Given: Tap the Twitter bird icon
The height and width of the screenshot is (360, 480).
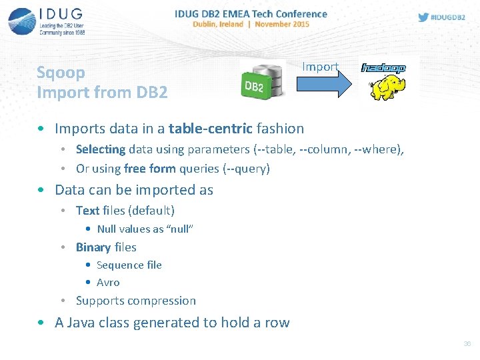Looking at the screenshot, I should [x=423, y=17].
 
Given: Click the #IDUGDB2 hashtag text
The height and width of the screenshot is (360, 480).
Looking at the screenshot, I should [x=448, y=17].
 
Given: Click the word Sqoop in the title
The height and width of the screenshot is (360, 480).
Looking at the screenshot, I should [x=61, y=72].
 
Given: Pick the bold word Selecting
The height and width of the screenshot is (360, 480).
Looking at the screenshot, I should [x=101, y=149].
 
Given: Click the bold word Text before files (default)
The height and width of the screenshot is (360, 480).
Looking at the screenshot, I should [x=87, y=211].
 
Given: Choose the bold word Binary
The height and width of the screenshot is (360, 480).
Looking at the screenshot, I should [x=93, y=247].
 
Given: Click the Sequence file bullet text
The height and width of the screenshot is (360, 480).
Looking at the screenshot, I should [x=129, y=265].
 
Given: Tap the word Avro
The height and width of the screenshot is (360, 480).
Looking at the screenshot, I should [x=108, y=282].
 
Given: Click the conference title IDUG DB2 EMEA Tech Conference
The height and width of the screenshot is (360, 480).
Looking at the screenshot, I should [x=251, y=13].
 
